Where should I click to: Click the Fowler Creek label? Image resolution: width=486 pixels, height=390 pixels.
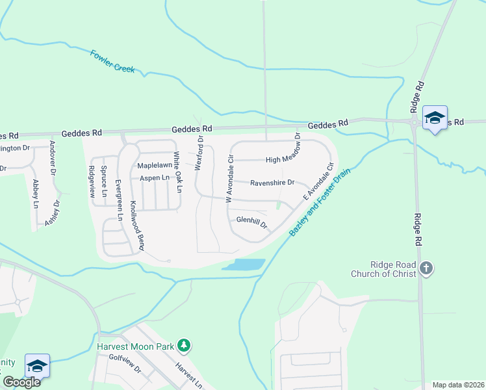113,61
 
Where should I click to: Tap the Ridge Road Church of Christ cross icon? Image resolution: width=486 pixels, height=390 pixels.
426,268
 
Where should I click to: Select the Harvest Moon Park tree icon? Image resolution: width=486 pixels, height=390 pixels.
184,346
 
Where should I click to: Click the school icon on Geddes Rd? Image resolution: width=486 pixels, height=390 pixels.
434,118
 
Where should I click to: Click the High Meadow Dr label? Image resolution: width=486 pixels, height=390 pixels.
281,160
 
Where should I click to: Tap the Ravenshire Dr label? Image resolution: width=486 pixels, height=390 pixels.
273,183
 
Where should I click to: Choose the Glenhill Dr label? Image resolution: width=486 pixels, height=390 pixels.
251,223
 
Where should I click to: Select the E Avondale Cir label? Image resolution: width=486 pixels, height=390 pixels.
318,181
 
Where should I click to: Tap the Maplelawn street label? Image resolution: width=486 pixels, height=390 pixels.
154,166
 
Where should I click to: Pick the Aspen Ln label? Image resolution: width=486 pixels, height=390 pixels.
154,177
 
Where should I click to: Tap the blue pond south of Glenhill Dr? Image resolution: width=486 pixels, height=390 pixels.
244,265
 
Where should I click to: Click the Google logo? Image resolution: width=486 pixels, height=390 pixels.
21,382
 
